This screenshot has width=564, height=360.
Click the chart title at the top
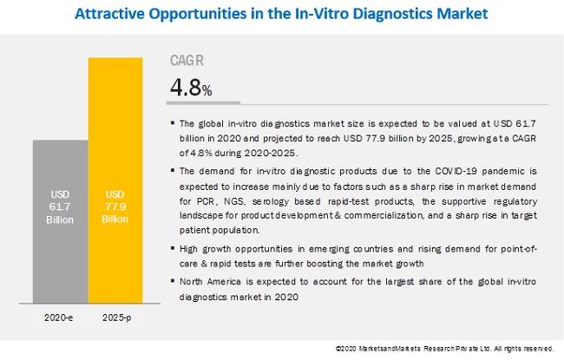coord(281,14)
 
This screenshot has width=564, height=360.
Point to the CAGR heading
coord(188,61)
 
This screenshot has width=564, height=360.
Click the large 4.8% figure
coord(190,88)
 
